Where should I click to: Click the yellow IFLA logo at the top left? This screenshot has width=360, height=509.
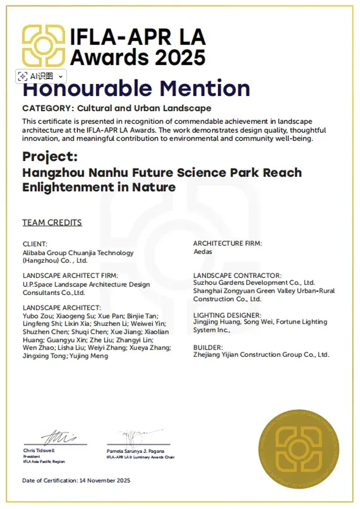pos(44,45)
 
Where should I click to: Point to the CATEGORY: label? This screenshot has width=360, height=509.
pos(48,108)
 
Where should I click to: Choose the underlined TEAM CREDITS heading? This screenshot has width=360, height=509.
pos(52,222)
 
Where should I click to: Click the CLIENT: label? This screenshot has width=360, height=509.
pos(35,244)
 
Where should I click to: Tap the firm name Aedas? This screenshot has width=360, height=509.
pos(202,252)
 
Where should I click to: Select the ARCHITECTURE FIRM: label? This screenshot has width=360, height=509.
pos(228,243)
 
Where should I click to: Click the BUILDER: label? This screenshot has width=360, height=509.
pos(208,347)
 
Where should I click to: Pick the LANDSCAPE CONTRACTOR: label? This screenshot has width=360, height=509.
pos(237,275)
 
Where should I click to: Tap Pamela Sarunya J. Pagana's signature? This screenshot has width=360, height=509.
pos(134,436)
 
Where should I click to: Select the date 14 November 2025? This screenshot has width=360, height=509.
pos(105,481)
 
